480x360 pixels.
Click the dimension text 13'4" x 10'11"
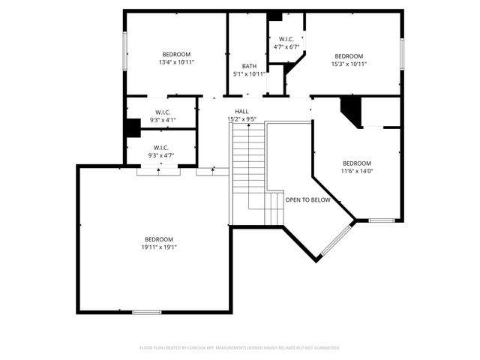pos(176,62)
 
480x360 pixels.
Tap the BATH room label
pos(249,66)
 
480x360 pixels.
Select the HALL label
pos(242,111)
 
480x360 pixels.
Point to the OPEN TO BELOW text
pos(307,200)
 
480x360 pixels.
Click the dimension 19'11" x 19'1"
pos(159,247)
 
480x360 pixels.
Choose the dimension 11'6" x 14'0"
pos(356,171)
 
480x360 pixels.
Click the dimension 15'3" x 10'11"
pos(349,64)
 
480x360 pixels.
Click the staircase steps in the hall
pos(247,172)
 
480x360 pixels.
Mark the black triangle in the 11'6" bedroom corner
pos(350,110)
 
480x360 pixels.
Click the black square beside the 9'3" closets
pos(133,128)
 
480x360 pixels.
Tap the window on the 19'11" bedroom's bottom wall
pos(146,311)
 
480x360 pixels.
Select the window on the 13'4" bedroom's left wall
pos(125,53)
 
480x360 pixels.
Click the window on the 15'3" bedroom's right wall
pos(402,53)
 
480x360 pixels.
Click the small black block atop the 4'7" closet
pos(274,16)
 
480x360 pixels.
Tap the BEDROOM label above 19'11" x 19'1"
pos(159,239)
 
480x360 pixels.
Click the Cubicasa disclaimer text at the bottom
pos(240,348)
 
